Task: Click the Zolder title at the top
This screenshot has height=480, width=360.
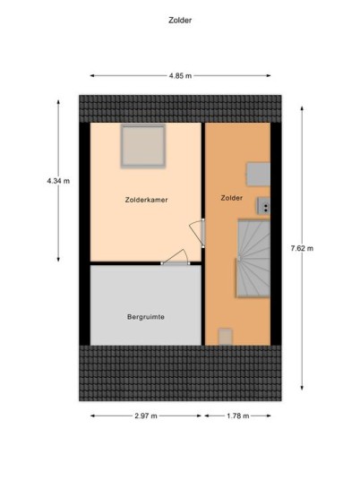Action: (180, 21)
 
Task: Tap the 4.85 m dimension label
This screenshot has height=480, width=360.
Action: (180, 75)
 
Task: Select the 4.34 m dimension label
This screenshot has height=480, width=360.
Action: (58, 181)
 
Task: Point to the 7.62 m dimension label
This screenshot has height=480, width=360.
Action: (302, 248)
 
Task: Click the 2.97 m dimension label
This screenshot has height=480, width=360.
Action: (146, 416)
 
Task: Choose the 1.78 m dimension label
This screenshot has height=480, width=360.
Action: (238, 416)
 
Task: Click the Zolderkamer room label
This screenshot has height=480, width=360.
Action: (146, 200)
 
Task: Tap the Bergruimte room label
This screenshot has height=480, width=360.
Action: (146, 317)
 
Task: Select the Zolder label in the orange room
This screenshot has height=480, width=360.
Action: (231, 198)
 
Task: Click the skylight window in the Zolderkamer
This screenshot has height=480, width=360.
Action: (143, 146)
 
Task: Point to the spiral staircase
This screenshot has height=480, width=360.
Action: (253, 259)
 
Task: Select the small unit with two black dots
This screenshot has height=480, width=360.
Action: (264, 206)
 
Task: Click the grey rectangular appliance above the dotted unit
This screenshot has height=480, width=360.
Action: (259, 175)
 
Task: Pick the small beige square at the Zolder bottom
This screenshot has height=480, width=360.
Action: (226, 337)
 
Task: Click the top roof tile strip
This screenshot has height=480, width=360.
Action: (180, 108)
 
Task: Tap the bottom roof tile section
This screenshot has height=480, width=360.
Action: (180, 373)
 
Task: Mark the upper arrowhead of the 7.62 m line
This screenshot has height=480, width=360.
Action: (302, 108)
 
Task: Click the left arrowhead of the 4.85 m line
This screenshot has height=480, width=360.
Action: (92, 75)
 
